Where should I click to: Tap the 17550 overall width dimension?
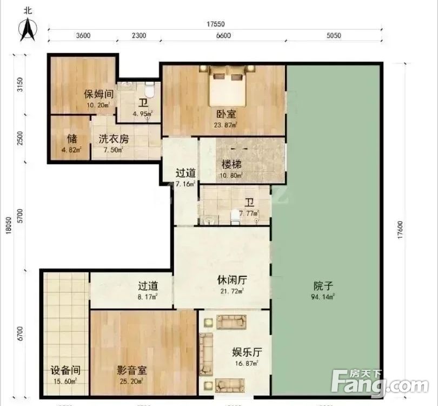tap(215, 24)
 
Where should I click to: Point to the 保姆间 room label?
tap(98, 93)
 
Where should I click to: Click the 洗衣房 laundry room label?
tap(114, 139)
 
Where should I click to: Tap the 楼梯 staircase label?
tap(231, 164)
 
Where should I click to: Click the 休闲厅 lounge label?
tap(232, 280)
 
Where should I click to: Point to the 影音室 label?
tap(132, 371)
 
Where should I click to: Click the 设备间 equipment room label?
tap(65, 371)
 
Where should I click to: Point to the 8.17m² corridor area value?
tap(147, 297)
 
